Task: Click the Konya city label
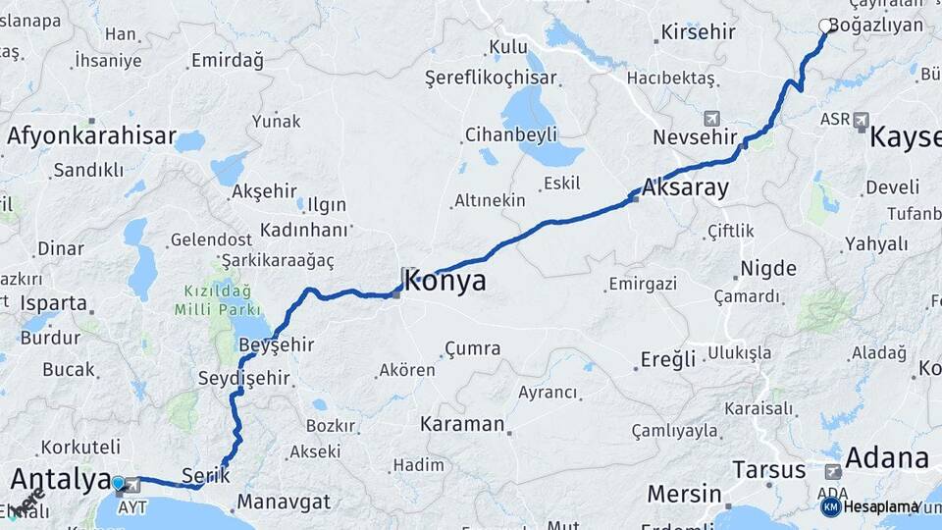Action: (444, 282)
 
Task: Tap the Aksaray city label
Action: (687, 187)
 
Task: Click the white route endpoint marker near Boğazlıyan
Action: (825, 26)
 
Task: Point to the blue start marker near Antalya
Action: (118, 483)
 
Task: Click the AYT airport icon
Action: (131, 485)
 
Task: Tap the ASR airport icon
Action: (862, 120)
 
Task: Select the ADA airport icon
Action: (833, 472)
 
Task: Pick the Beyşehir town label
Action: (276, 344)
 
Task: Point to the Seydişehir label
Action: (243, 378)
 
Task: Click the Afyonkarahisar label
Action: (91, 136)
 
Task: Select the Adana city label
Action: (886, 458)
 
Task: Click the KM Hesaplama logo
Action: (870, 506)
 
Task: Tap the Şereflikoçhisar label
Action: (491, 78)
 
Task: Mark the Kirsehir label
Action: (698, 32)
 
